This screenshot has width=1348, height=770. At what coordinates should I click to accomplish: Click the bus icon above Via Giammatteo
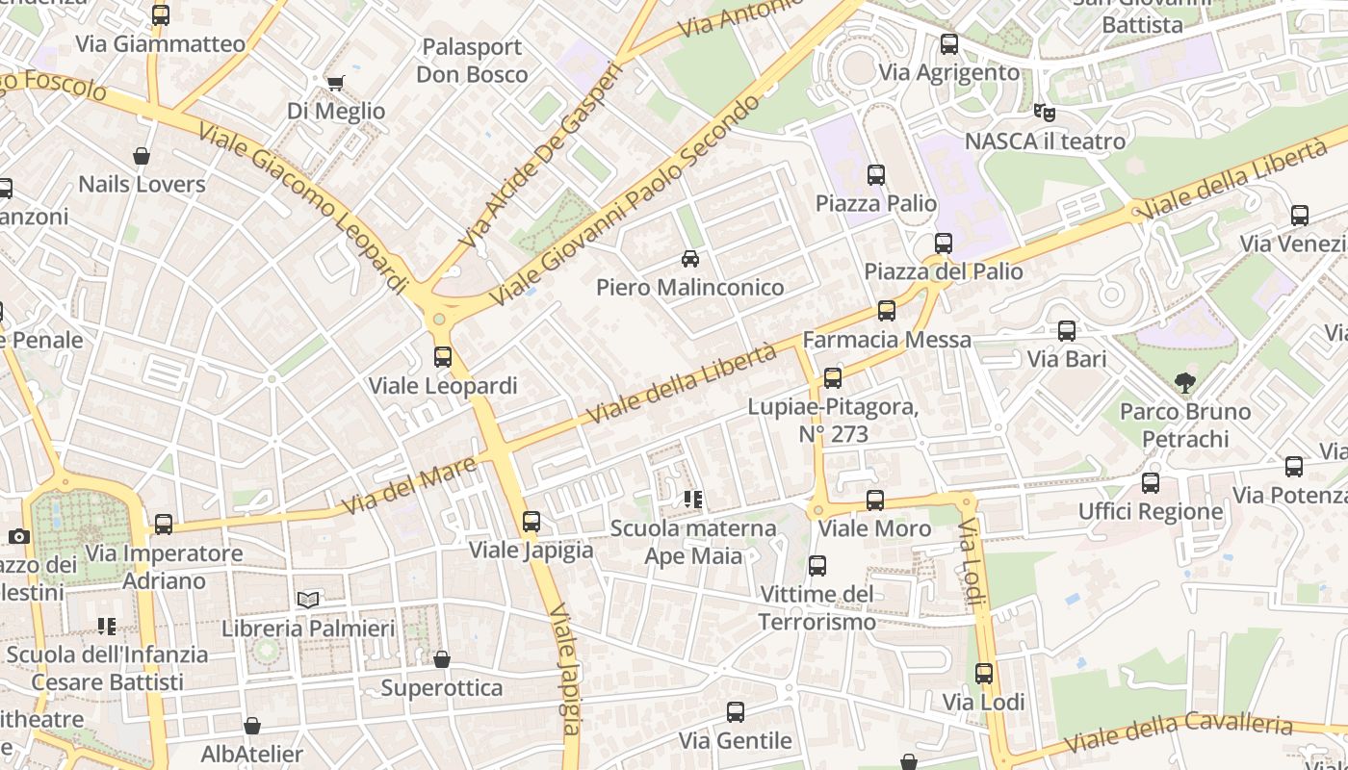pyautogui.click(x=161, y=15)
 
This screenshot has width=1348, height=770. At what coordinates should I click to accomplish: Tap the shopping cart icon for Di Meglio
pyautogui.click(x=335, y=84)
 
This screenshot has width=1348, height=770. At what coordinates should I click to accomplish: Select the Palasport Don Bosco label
pyautogui.click(x=472, y=61)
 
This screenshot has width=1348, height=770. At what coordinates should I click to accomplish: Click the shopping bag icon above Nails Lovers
pyautogui.click(x=142, y=156)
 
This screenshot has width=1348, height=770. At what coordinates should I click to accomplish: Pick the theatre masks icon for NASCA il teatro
pyautogui.click(x=1044, y=113)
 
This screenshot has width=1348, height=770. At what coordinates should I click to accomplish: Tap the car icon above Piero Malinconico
pyautogui.click(x=690, y=259)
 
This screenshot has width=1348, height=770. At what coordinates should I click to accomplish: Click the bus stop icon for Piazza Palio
pyautogui.click(x=876, y=175)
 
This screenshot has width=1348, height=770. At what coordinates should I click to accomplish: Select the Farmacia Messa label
pyautogui.click(x=886, y=340)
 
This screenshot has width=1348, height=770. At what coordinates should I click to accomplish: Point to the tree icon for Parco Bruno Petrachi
pyautogui.click(x=1185, y=383)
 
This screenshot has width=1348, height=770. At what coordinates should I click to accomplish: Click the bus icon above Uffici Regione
pyautogui.click(x=1151, y=483)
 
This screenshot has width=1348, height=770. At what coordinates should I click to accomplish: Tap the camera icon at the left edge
pyautogui.click(x=18, y=536)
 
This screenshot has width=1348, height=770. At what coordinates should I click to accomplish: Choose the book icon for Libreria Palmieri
pyautogui.click(x=308, y=601)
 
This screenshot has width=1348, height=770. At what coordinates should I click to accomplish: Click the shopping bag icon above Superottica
pyautogui.click(x=442, y=659)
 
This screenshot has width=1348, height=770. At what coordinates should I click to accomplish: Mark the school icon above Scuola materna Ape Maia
pyautogui.click(x=693, y=500)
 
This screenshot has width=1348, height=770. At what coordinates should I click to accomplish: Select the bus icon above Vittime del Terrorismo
pyautogui.click(x=817, y=566)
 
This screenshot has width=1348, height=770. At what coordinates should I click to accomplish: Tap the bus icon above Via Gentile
pyautogui.click(x=736, y=712)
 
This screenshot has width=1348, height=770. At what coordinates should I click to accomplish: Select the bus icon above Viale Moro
pyautogui.click(x=875, y=500)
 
